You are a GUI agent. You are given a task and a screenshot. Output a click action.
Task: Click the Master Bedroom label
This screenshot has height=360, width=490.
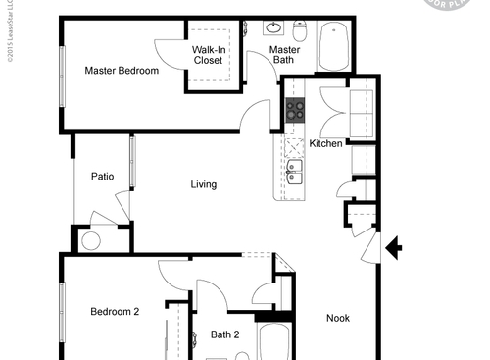tap(122, 71)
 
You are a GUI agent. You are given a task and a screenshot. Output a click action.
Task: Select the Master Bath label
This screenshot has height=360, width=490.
tap(284, 55)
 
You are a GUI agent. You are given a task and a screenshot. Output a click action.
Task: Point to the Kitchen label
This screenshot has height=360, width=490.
tap(325, 143)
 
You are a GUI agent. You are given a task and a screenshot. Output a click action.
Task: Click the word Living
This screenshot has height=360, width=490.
tap(203, 184)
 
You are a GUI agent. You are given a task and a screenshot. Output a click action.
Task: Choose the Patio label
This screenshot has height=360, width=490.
tap(102, 177)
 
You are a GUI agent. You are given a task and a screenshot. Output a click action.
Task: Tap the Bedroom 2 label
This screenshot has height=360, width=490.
tap(115, 312)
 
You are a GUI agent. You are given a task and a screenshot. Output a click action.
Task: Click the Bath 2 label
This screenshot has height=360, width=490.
tap(224, 334)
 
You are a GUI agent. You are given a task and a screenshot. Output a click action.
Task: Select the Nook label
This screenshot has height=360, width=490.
tap(337, 318)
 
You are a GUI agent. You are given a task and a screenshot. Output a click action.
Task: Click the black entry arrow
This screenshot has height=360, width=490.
tap(395, 248)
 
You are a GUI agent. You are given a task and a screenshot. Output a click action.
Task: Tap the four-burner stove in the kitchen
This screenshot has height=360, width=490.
tap(296, 110)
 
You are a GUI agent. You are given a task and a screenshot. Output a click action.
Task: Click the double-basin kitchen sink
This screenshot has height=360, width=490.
tap(295, 173)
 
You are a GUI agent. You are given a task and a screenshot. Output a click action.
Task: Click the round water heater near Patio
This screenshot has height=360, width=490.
tap(91, 240)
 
